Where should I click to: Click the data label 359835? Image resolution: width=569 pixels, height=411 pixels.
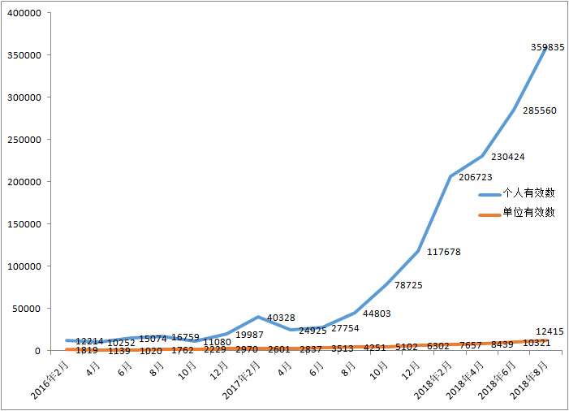click(x=547, y=48)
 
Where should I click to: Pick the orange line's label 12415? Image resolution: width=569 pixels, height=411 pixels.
click(x=550, y=331)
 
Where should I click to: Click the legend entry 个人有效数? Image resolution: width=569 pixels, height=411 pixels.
click(x=528, y=193)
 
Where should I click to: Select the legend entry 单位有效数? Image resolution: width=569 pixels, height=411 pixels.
click(x=528, y=213)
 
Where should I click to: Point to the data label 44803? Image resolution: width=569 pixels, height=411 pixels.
click(x=377, y=314)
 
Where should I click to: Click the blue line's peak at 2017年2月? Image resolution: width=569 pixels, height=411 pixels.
click(x=257, y=317)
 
